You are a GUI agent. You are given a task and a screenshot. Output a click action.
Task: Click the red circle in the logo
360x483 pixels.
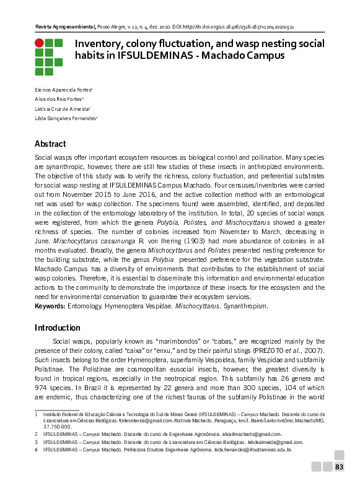click(x=39, y=43)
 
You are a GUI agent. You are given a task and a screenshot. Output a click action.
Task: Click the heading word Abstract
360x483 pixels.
click(x=50, y=144)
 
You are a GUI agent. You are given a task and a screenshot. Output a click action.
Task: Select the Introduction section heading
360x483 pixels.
click(x=57, y=328)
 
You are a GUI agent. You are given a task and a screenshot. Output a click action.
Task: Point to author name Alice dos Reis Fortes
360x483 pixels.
click(x=59, y=99)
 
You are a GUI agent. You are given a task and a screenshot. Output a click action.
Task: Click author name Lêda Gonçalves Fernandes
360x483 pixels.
click(x=66, y=118)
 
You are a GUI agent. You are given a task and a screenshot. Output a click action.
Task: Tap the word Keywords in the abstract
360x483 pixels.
click(x=50, y=306)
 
